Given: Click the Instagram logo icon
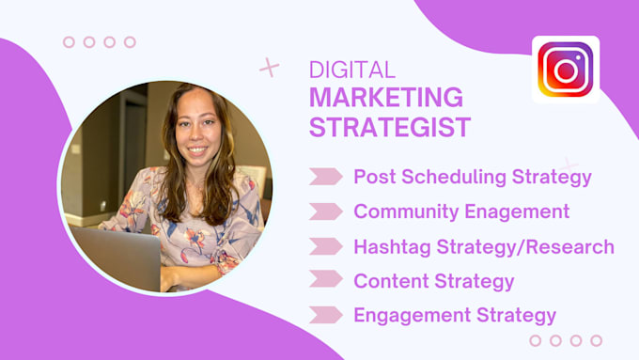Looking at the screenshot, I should point(565,70).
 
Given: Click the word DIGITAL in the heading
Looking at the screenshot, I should point(352,70).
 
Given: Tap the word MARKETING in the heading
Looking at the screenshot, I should point(385,98).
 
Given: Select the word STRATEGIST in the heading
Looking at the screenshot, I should point(390,127).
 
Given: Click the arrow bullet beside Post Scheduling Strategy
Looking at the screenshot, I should point(325,177).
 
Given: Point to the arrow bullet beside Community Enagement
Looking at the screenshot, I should point(325,211).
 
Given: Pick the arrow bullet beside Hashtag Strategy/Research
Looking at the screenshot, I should point(325,246).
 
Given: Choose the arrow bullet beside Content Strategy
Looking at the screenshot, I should point(325,280).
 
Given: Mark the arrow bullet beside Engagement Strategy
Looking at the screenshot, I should point(325,316).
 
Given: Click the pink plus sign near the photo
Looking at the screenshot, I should point(270,68).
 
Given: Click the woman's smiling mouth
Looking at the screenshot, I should point(196,149).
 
